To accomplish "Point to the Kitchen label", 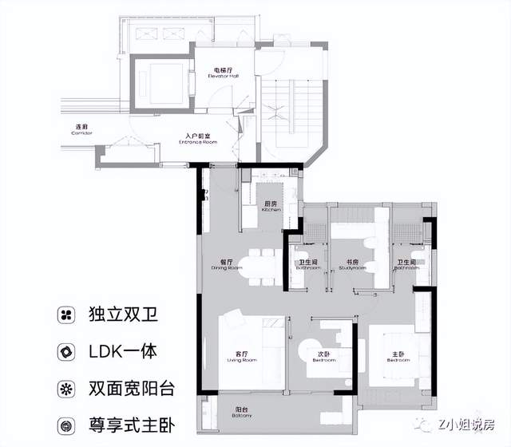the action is tap(271, 206).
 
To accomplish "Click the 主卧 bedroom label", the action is tap(398, 356).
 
